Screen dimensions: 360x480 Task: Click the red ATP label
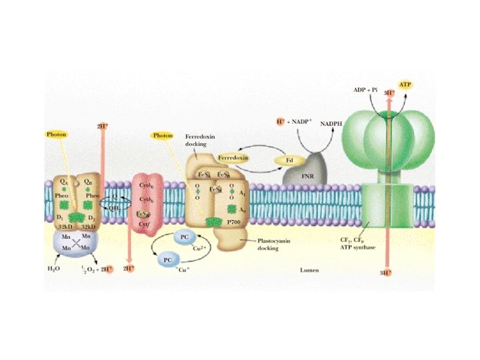[x=405, y=85]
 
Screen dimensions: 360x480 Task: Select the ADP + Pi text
[x=365, y=89]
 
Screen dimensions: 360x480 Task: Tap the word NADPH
[x=333, y=124]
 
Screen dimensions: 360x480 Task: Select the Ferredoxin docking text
[x=199, y=140]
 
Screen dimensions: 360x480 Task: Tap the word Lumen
[x=310, y=270]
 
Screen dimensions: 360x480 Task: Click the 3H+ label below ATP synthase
[x=385, y=273]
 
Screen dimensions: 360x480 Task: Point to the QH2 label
[x=115, y=207]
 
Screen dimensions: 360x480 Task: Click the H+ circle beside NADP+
[x=280, y=122]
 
